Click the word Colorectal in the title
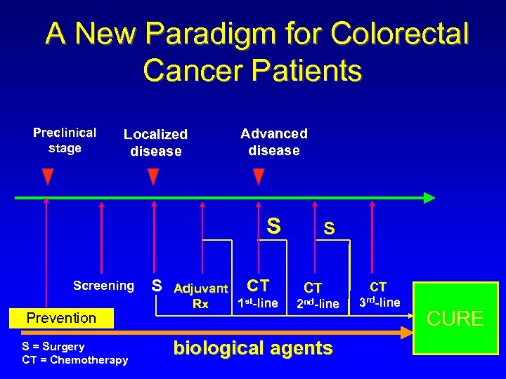click(398, 34)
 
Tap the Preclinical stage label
click(65, 140)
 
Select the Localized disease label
click(155, 142)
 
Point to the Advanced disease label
click(273, 142)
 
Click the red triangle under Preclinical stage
click(47, 176)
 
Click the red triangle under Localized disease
click(153, 176)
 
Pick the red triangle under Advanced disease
click(259, 176)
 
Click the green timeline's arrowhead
click(428, 198)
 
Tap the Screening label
click(103, 286)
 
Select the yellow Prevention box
click(61, 318)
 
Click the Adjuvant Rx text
click(200, 295)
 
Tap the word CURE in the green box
click(455, 319)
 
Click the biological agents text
click(253, 348)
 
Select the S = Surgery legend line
click(53, 346)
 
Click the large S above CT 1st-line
click(273, 226)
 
